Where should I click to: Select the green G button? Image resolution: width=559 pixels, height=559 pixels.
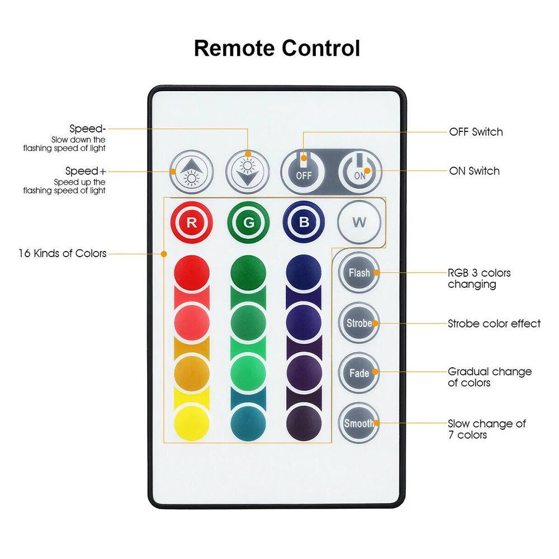coord(248,222)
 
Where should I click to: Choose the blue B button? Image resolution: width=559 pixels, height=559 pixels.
coord(304,222)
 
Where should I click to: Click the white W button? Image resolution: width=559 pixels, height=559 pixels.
coord(359,222)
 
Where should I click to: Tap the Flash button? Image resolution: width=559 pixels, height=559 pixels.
coord(359,273)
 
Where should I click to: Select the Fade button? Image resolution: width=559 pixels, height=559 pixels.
coord(359,373)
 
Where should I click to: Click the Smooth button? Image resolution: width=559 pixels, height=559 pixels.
coord(359,423)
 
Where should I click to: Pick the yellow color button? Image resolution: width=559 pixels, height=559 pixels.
coord(192,423)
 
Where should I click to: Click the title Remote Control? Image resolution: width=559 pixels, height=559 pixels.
coord(277,49)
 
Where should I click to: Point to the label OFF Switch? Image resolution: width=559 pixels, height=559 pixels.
coord(476,132)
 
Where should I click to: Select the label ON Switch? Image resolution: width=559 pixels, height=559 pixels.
coord(474,171)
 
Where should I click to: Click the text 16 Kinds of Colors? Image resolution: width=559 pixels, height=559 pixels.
coord(62,253)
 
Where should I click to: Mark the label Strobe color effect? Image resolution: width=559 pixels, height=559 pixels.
coord(494,324)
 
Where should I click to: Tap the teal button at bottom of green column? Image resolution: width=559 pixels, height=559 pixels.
coord(248,423)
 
